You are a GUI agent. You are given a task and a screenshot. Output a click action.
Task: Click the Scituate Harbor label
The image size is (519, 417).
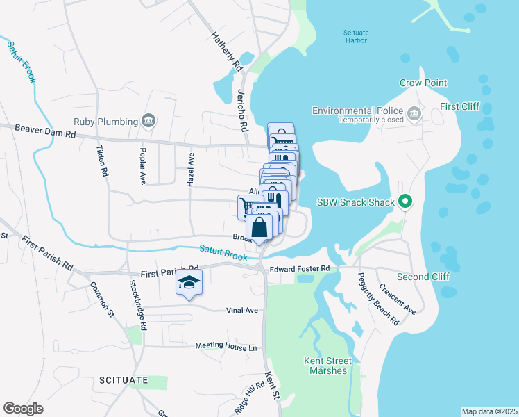pos(356,37)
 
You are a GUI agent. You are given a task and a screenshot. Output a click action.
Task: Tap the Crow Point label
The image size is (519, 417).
pos(423,83)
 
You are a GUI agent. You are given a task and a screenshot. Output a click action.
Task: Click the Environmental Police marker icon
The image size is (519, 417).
pos(414,112)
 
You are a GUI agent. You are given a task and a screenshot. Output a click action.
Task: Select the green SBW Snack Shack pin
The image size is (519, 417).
pos(407,203)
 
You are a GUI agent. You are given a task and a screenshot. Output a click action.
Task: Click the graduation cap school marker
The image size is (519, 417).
pos(189,283)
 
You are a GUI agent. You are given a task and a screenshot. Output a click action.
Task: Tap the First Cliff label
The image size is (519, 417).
pos(460,107)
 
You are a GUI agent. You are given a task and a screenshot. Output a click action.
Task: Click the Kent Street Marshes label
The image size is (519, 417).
pos(328,366)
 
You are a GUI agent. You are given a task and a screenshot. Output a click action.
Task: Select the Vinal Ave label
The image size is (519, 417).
pos(242,311)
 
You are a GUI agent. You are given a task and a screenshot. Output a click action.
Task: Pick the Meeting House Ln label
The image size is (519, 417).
pos(226,346)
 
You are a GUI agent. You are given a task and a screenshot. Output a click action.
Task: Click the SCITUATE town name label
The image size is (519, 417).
pos(124,380)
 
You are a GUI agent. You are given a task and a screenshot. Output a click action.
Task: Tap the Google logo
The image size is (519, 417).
pos(23,409)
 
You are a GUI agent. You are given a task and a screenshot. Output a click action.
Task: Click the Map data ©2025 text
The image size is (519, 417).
pos(489,411)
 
